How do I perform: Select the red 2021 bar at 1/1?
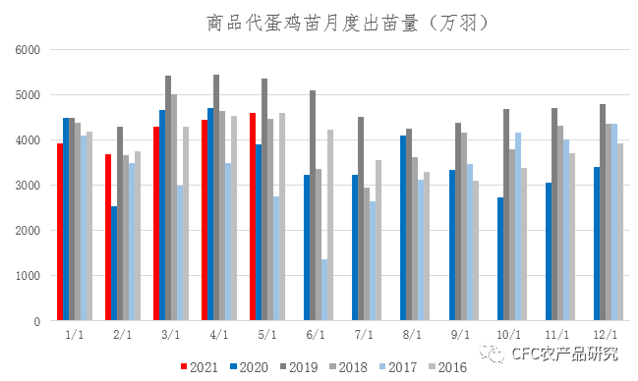click(x=59, y=232)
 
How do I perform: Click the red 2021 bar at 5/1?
click(x=253, y=217)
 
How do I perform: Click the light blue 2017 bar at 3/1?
click(x=180, y=253)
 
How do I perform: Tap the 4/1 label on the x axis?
click(x=217, y=335)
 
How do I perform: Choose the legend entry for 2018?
click(x=347, y=366)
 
